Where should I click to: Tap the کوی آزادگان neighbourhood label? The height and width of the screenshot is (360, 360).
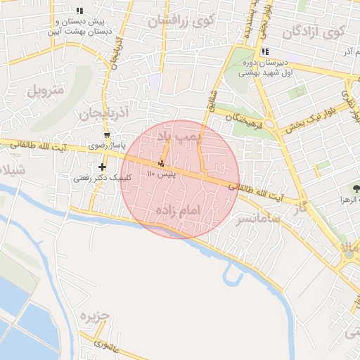314,32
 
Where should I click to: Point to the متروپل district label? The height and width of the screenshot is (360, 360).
46,90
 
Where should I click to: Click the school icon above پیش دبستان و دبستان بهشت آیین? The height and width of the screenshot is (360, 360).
79,11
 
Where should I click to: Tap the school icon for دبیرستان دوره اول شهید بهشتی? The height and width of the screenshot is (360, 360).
264,51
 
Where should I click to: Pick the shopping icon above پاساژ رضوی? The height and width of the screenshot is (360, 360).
107,135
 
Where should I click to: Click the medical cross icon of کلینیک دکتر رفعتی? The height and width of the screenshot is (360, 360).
103,167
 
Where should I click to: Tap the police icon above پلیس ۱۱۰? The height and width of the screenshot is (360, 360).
162,162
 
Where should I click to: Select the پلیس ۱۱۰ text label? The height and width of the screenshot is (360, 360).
161,172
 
